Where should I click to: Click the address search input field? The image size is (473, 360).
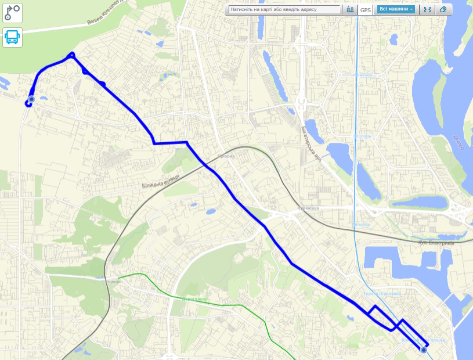(x=284, y=10)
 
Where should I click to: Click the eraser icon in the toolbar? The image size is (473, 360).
(x=443, y=10)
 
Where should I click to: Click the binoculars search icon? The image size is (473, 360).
(x=350, y=10)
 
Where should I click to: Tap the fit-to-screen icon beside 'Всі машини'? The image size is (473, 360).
(x=427, y=10)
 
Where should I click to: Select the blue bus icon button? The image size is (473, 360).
(x=12, y=37)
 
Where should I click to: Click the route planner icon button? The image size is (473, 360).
(x=12, y=12)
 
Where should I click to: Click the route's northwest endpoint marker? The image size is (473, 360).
(x=31, y=100)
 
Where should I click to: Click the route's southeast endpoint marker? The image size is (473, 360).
(x=424, y=350)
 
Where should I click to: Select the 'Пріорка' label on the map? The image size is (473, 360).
(x=226, y=156)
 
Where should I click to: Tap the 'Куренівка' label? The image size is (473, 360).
(x=309, y=208)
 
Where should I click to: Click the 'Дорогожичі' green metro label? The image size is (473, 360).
(x=194, y=299)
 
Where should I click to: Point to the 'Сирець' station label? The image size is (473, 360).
(x=113, y=282)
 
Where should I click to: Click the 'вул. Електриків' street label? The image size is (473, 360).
(x=435, y=243)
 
